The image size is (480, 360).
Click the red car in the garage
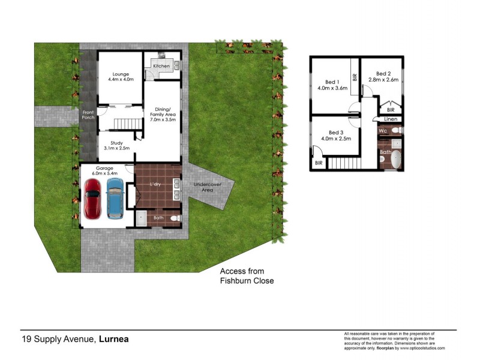coord(93,199)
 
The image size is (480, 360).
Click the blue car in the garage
coord(115,199)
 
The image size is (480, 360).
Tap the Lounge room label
coord(121,74)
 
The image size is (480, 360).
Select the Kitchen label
coord(161,65)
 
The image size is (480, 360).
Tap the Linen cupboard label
coord(390,119)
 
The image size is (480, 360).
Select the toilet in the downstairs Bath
coord(175,218)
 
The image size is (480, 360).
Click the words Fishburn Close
coord(247,280)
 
